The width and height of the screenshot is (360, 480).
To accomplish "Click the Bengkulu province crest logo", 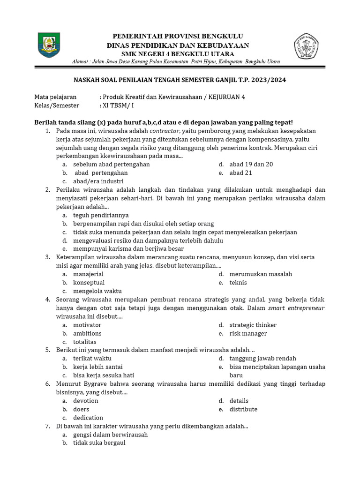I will coord(49,45).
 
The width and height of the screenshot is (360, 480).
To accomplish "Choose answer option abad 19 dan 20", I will coord(251,165).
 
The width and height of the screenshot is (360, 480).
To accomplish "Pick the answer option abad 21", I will coord(240,173).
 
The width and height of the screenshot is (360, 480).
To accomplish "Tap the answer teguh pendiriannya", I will coord(101,215).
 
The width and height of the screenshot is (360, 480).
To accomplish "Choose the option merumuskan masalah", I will coord(261,274).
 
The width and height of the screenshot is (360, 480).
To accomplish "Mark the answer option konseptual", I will coord(89,283).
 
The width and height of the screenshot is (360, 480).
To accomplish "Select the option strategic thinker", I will coord(253,325).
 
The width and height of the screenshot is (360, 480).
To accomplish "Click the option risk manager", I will coord(248,334).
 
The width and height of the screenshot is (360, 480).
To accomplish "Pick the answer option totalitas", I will coord(85,342).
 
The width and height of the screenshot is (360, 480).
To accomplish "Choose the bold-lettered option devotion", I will coord(86,401).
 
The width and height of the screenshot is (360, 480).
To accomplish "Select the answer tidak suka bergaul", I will coord(99,443).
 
